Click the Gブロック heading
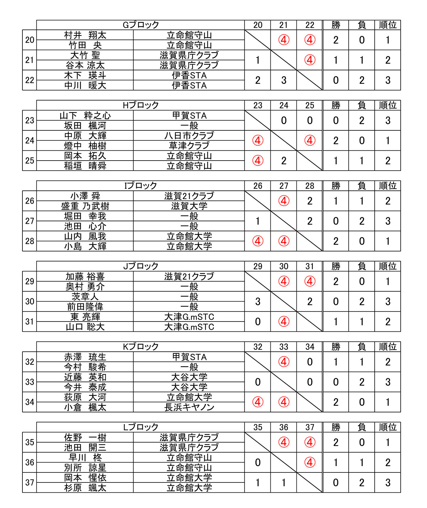141,25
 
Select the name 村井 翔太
85,35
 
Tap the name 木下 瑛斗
85,75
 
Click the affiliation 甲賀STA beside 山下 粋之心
189,115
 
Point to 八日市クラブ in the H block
189,136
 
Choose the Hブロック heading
141,105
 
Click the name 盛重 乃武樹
85,206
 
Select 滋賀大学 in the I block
189,206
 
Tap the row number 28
30,241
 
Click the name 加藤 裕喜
85,276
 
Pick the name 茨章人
85,297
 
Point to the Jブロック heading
141,266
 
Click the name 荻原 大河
85,397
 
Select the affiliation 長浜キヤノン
189,407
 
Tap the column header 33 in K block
284,347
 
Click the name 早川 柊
85,458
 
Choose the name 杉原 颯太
85,488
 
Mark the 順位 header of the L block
388,427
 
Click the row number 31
30,321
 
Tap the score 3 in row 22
284,80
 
